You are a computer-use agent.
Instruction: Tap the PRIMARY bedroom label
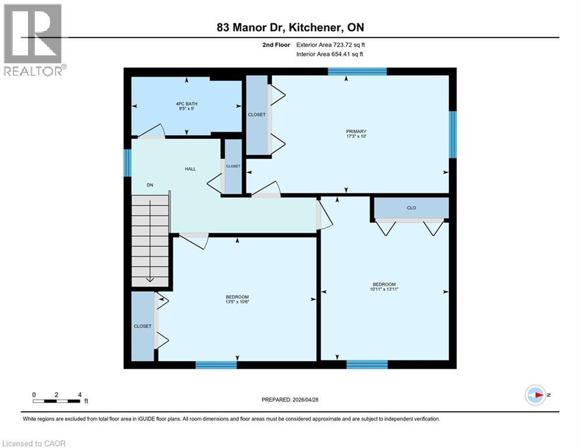point(356,131)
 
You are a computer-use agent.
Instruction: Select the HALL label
point(190,169)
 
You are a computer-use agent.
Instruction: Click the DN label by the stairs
point(150,185)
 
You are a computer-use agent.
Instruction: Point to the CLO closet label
point(411,208)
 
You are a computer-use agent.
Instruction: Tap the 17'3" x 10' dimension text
point(356,137)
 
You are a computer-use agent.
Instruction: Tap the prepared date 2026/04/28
point(291,400)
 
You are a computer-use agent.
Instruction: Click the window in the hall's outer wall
point(126,162)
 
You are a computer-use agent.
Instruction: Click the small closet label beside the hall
point(233,166)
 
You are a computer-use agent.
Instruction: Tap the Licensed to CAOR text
point(34,443)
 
